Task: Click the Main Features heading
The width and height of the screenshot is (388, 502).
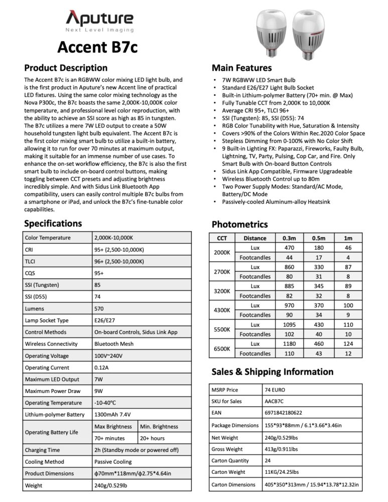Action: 241,68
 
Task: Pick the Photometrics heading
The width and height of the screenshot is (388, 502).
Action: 240,224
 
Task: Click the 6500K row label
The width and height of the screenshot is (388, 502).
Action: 222,348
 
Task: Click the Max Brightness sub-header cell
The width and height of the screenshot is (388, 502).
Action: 114,427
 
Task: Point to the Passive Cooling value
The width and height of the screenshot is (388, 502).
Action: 113,462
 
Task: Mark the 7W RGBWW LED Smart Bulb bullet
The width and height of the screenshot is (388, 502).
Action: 258,80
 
